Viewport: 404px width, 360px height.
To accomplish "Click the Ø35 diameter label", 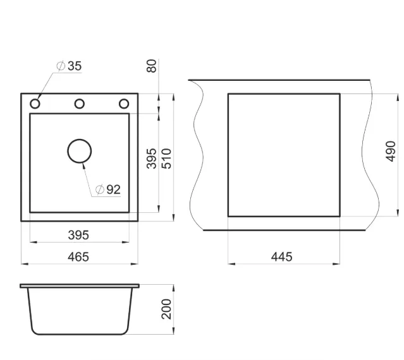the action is tap(69, 66).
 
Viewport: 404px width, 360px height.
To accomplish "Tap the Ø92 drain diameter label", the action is tap(108, 189).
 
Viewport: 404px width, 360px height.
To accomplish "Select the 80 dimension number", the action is tap(152, 66).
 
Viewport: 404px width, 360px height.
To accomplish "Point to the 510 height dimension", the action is tap(166, 159).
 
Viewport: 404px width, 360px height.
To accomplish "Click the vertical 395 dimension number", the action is tap(152, 159).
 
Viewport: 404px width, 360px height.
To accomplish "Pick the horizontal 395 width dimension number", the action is tap(78, 235).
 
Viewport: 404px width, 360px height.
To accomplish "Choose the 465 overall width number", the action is tap(78, 257).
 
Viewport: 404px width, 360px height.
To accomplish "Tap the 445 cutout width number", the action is tap(281, 257).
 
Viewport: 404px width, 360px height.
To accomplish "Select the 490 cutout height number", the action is tap(391, 152).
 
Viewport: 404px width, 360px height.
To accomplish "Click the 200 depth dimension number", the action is tap(166, 309).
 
